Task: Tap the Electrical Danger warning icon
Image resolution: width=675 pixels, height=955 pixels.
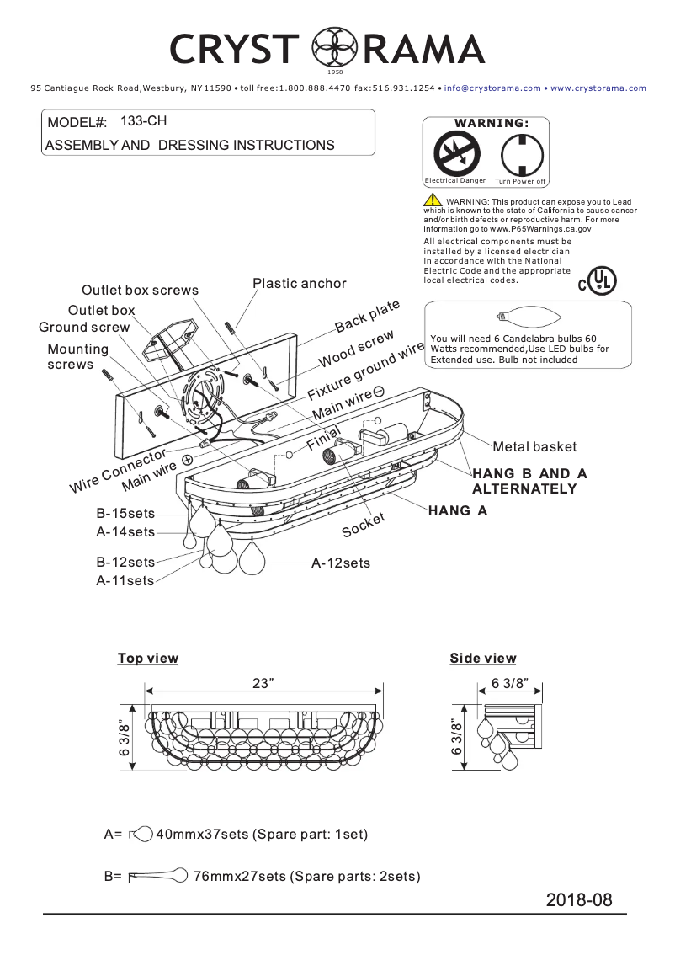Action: click(455, 154)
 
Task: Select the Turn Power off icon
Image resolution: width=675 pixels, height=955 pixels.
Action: click(519, 154)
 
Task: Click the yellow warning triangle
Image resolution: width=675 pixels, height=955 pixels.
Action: click(432, 200)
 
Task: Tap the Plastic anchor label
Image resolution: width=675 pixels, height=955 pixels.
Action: click(299, 284)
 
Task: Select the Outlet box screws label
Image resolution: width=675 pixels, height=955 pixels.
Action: click(140, 291)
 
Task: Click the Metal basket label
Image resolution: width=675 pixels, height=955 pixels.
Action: click(534, 447)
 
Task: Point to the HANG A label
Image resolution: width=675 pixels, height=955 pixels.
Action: click(457, 510)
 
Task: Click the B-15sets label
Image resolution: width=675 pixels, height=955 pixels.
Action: click(125, 514)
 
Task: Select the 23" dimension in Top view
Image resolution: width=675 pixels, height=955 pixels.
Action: click(263, 683)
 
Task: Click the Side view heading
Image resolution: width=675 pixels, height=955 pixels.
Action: click(482, 659)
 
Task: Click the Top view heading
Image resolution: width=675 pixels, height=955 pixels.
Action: click(148, 659)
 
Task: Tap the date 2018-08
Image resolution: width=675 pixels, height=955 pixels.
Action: click(578, 899)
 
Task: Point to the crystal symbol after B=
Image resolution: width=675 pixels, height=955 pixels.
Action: click(157, 876)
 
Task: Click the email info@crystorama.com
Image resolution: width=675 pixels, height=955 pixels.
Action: click(492, 88)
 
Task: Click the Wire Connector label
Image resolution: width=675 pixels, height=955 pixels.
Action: click(117, 472)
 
